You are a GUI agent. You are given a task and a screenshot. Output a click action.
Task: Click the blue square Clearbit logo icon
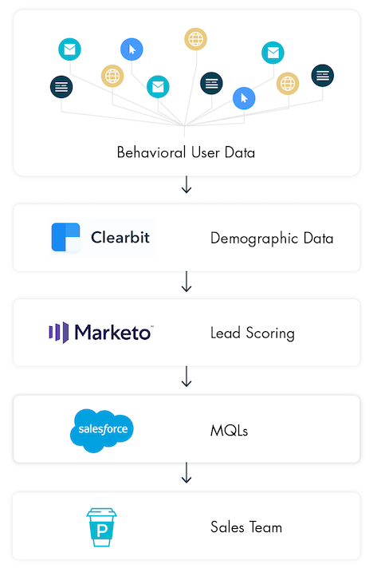point(65,237)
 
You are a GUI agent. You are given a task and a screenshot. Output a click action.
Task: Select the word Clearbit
point(120,238)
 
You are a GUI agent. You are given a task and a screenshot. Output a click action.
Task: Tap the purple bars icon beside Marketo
point(59,333)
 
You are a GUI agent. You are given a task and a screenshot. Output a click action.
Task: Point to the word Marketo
point(113,333)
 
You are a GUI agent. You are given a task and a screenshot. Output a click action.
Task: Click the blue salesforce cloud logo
point(102,431)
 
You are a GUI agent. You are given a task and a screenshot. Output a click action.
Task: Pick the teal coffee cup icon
point(101,527)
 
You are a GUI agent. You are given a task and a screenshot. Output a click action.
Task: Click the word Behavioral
point(151,152)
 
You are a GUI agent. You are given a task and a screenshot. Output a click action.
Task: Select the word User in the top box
point(206,152)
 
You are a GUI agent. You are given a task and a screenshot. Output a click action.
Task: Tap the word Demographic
point(254,239)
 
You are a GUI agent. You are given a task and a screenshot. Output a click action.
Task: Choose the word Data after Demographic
point(318,239)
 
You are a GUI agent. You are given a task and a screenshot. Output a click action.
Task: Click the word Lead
point(226,333)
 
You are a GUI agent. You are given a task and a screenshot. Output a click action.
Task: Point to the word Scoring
point(270,333)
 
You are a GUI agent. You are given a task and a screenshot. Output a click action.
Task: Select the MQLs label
point(229,431)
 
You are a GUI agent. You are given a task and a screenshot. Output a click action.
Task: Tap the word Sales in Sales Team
point(227,527)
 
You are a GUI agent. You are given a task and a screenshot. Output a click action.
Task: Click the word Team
point(266,527)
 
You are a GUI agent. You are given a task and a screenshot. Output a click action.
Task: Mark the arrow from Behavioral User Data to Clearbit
point(186,184)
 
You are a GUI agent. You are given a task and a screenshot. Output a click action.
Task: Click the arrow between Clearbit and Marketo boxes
point(186,282)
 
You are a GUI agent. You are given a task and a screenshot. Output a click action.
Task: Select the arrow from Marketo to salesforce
point(186,377)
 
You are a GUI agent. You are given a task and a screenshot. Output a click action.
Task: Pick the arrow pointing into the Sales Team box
point(186,473)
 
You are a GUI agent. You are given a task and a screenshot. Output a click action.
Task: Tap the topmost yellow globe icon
point(195,39)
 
